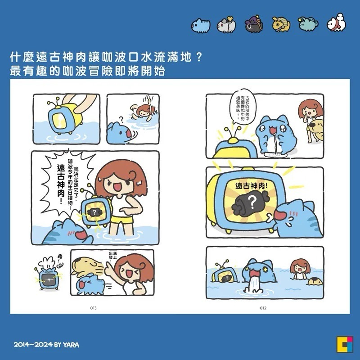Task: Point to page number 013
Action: pyautogui.click(x=93, y=308)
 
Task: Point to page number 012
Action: pyautogui.click(x=263, y=308)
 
